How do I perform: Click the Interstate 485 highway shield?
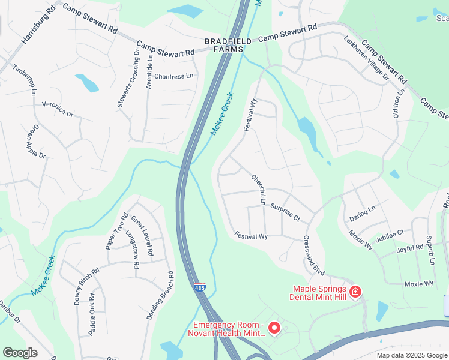click(x=199, y=289)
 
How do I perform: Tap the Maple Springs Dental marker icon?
click(x=356, y=292)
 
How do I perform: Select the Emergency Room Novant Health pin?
click(x=274, y=328)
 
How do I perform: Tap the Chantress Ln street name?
click(x=174, y=76)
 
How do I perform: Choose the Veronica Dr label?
click(x=57, y=109)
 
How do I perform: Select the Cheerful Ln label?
click(x=259, y=190)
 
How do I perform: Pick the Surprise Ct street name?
click(x=285, y=212)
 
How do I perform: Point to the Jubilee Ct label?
click(x=390, y=235)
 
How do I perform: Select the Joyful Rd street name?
click(x=411, y=248)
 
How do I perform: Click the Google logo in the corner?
click(x=20, y=353)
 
